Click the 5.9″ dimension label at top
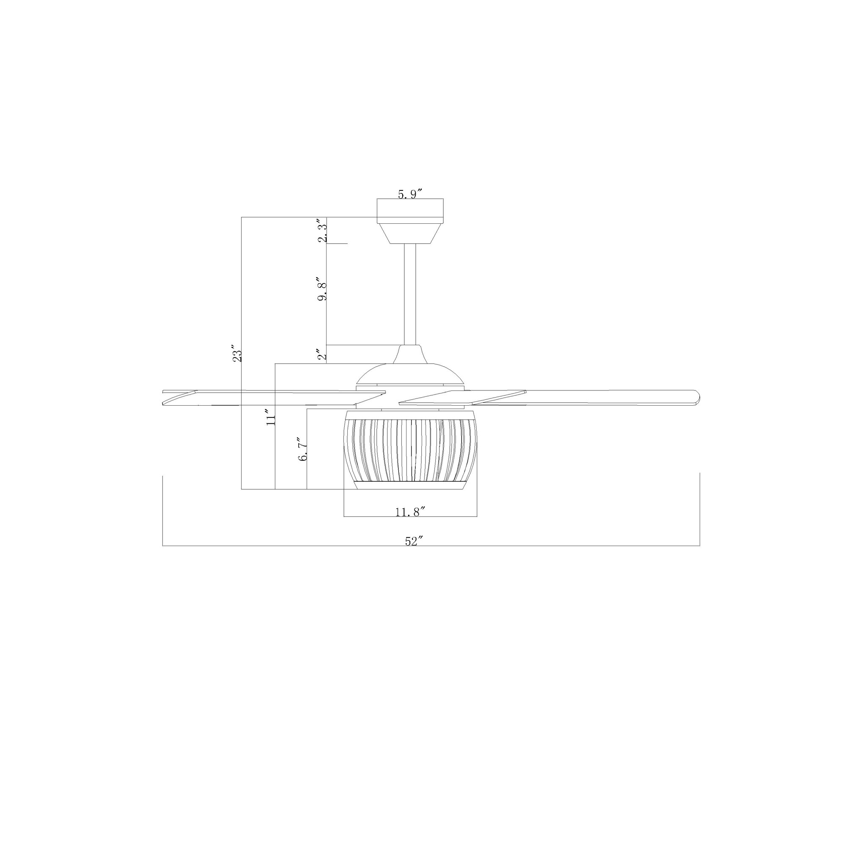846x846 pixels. [410, 194]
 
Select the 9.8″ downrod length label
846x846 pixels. [323, 289]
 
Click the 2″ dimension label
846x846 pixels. [323, 354]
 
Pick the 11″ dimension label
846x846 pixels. [271, 416]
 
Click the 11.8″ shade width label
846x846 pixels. [410, 511]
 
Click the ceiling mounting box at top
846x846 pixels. [410, 208]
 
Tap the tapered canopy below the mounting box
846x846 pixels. [410, 233]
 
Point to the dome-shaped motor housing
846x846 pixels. [410, 376]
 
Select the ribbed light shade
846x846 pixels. [410, 449]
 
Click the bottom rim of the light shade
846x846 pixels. [410, 485]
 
